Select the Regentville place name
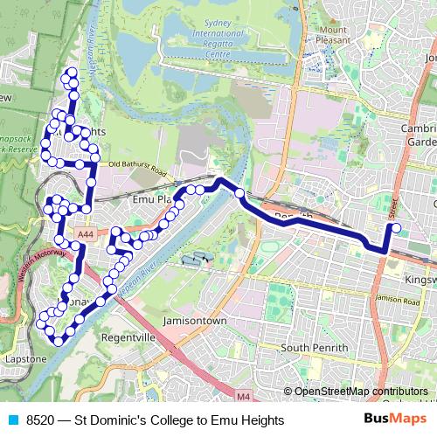[128, 336]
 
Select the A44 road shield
[86, 234]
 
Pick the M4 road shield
[242, 398]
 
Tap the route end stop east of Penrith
[396, 229]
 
